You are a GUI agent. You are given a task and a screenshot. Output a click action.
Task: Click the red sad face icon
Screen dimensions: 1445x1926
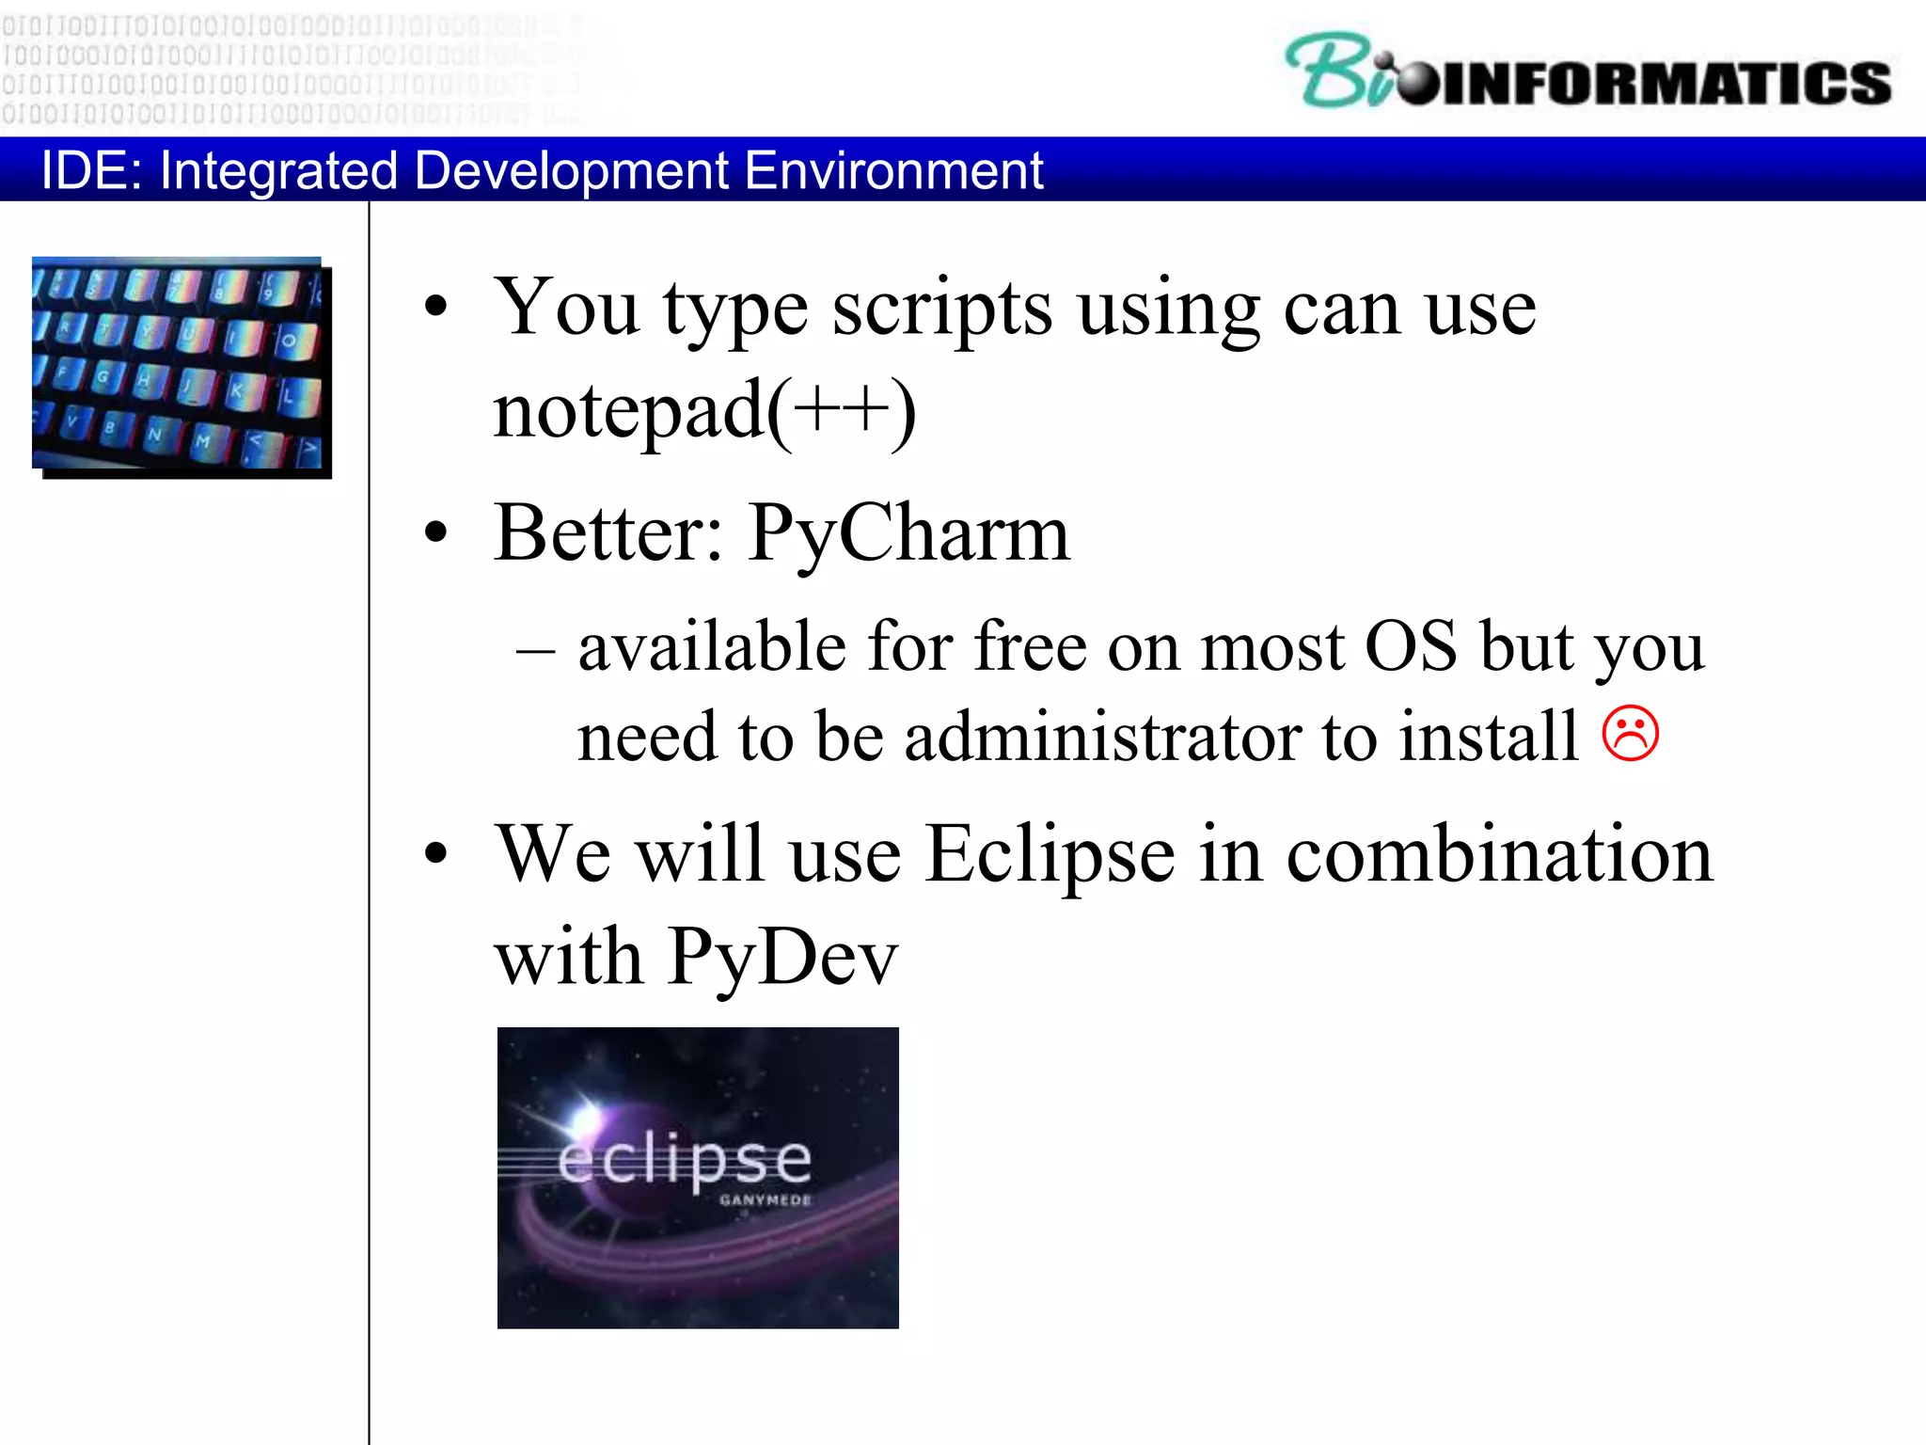tap(1631, 733)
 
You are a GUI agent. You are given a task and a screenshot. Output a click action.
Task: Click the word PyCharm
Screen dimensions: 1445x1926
tap(908, 534)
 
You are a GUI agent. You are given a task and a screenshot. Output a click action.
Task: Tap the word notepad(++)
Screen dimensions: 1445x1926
tap(704, 410)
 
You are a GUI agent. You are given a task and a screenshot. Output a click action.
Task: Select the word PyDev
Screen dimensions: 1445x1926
tap(782, 958)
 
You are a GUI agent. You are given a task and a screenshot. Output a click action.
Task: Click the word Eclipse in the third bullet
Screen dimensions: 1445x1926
tap(1050, 854)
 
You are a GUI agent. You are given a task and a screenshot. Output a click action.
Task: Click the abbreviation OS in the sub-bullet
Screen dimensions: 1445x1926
tap(1411, 647)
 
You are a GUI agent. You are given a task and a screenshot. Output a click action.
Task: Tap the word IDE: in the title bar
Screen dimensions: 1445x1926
tap(91, 170)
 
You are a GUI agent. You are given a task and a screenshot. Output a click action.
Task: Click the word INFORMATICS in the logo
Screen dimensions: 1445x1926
tap(1665, 83)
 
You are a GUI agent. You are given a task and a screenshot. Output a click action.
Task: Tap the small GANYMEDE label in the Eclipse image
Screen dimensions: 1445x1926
tap(765, 1200)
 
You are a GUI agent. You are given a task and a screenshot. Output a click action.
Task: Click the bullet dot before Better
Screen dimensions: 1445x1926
tap(435, 532)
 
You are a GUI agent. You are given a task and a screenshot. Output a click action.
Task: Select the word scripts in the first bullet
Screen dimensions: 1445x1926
tap(942, 310)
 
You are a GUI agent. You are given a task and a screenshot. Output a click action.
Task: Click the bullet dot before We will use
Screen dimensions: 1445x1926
tap(435, 853)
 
